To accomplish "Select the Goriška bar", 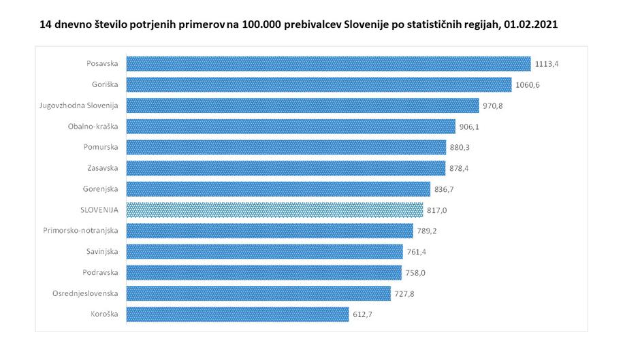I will pos(319,84).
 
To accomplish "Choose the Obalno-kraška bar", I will pos(291,127).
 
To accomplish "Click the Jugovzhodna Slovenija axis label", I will pos(80,105).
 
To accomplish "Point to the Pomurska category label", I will pos(102,147).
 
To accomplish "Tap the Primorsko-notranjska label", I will pos(86,231).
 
